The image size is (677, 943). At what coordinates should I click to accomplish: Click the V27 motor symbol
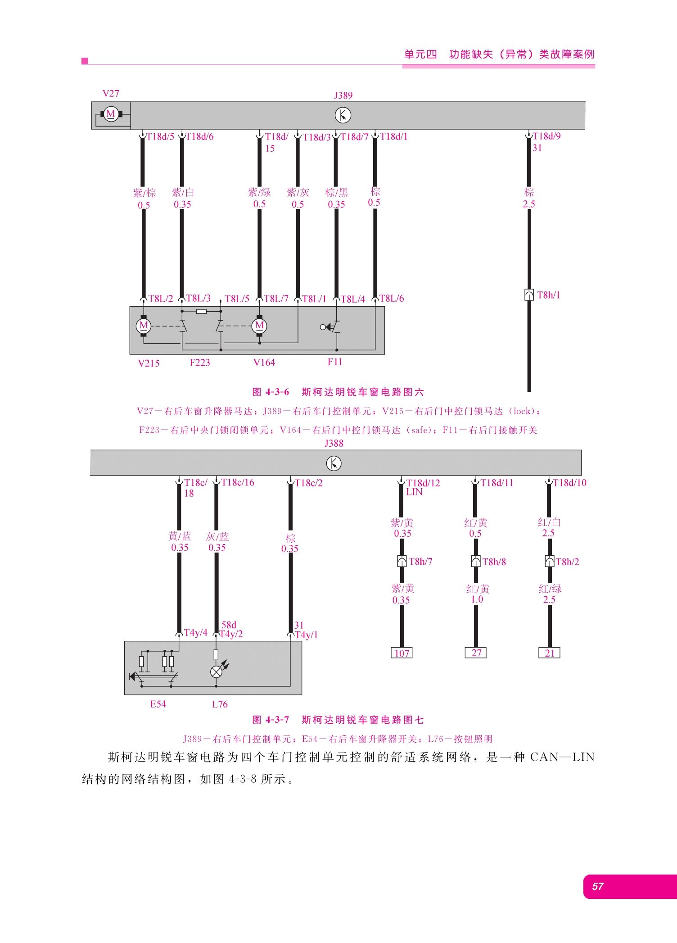111,114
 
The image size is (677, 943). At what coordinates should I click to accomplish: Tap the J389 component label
343,95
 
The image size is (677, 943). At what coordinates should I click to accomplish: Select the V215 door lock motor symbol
144,326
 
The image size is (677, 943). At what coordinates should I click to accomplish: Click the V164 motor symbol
259,326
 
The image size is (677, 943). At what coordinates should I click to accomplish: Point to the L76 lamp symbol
217,672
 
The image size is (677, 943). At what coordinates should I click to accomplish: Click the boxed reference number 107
402,653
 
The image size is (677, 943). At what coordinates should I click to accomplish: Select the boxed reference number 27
476,653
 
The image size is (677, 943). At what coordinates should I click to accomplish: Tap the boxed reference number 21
550,653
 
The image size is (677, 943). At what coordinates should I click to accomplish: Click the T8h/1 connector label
549,295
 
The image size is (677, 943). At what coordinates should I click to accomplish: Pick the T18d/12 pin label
423,483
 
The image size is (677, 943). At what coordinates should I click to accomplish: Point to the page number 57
598,886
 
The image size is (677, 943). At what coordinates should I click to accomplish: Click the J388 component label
334,444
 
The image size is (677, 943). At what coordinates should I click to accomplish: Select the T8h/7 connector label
420,562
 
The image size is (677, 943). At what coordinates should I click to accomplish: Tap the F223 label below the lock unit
200,363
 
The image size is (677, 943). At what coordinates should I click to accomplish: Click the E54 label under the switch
158,704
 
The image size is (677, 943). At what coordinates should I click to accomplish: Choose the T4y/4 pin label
196,633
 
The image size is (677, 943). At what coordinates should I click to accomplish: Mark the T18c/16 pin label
238,482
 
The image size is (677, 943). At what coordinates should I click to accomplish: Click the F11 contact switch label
335,362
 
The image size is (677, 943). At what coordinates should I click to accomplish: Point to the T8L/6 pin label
392,298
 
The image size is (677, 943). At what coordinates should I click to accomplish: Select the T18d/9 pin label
547,136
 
